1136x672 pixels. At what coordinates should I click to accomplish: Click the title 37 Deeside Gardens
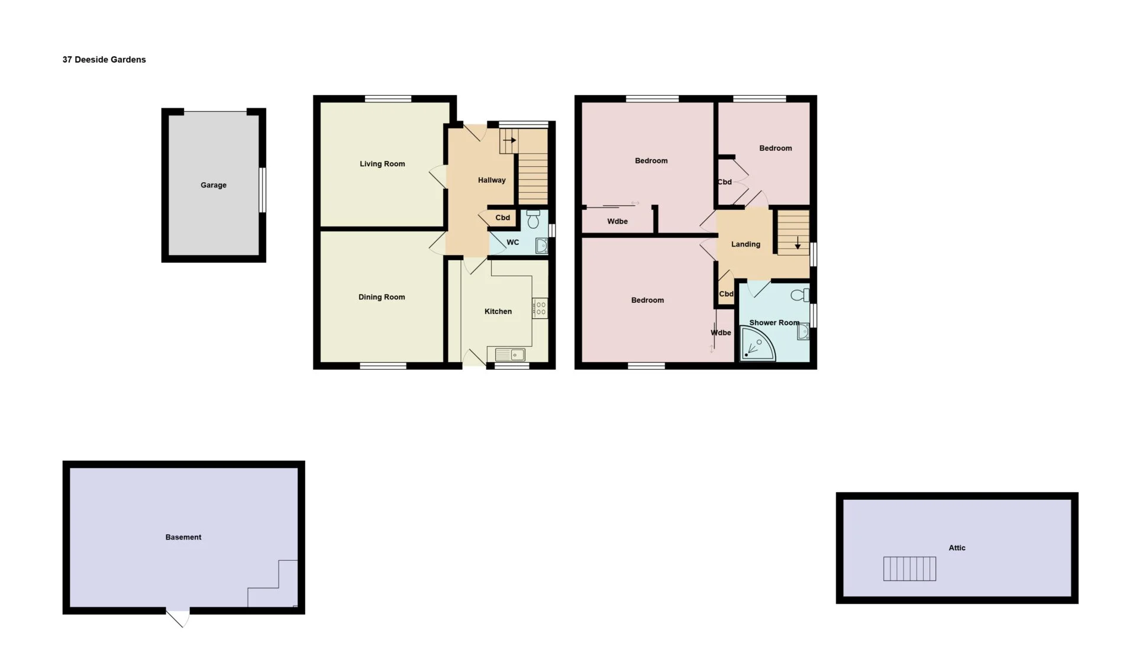(x=104, y=60)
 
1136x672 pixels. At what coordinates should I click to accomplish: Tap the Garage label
(x=214, y=185)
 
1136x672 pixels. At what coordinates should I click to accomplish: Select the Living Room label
(x=382, y=164)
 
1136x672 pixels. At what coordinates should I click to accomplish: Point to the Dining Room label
(x=382, y=297)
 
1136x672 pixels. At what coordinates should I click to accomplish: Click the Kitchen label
(x=498, y=311)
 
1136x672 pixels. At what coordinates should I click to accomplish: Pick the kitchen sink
(x=510, y=354)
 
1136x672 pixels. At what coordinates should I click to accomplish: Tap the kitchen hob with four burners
(x=540, y=308)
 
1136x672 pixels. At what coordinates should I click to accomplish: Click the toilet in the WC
(x=533, y=219)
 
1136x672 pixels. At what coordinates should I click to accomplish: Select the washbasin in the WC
(x=541, y=245)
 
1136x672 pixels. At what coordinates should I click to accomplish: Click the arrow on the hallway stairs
(x=509, y=140)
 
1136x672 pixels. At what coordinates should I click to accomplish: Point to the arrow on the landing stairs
(x=798, y=243)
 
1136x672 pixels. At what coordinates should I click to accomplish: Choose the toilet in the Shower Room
(x=800, y=295)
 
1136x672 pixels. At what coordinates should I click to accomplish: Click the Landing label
(x=745, y=244)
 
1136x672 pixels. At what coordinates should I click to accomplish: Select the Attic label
(x=957, y=548)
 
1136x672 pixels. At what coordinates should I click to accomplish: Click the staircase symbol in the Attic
(x=910, y=568)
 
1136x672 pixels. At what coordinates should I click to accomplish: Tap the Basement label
(x=183, y=537)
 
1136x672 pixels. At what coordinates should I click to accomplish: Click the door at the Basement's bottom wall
(x=177, y=616)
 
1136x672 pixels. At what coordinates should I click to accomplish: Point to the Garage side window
(x=263, y=190)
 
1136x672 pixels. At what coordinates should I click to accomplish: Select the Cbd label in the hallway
(x=503, y=218)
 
